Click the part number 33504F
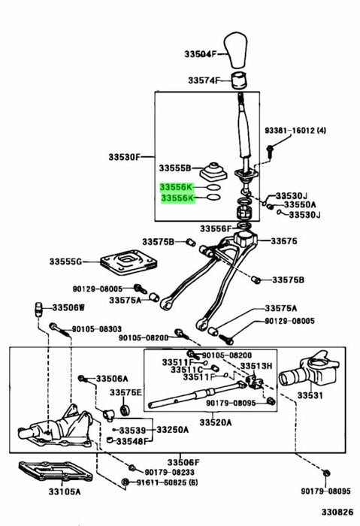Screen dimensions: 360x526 [x=201, y=53]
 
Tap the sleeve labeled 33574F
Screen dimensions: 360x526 [x=239, y=80]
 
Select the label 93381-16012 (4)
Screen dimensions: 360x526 [x=295, y=130]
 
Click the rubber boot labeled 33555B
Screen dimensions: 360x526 [x=213, y=172]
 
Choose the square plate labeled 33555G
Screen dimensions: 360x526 [x=129, y=263]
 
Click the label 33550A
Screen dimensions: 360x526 [x=300, y=204]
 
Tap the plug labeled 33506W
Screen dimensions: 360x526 [x=39, y=309]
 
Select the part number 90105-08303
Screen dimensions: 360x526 [x=97, y=329]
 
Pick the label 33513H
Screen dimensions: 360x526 [x=256, y=366]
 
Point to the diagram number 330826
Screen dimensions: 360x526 [x=337, y=512]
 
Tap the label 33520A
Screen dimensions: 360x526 [x=216, y=422]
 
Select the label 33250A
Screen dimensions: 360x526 [x=172, y=429]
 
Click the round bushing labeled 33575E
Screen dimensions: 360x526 [x=126, y=410]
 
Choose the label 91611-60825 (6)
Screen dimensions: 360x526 [x=167, y=482]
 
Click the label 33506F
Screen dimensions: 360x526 [x=183, y=463]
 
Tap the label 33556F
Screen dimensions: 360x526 [x=216, y=228]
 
